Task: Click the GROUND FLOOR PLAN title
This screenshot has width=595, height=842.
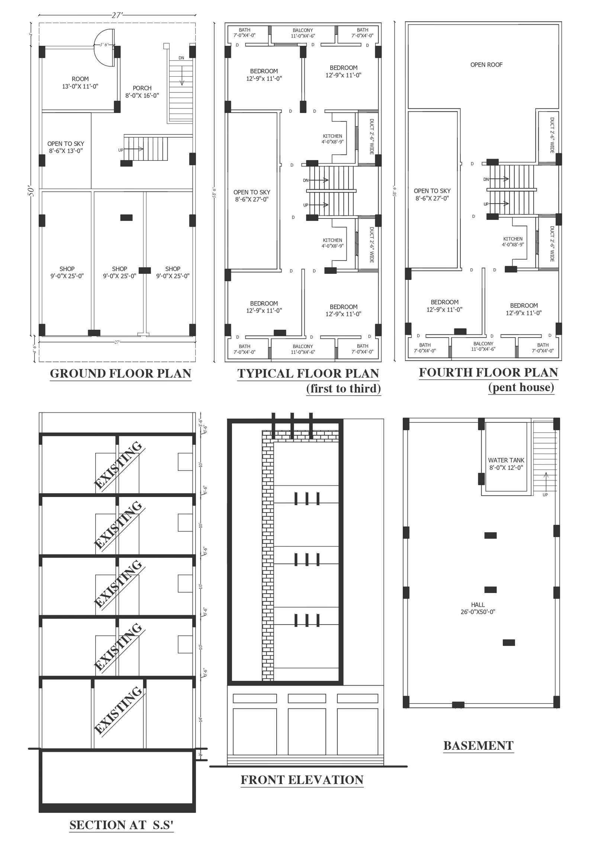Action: (120, 373)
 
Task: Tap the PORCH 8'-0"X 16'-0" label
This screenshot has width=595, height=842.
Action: (142, 92)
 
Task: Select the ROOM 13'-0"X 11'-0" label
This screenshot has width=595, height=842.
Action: (80, 83)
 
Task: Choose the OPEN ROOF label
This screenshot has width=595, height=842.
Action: (486, 65)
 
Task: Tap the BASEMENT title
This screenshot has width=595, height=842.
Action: (478, 746)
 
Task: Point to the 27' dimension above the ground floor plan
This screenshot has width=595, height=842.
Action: (117, 15)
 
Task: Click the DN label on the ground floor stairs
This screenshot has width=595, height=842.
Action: (181, 58)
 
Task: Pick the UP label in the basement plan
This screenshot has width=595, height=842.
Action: (545, 495)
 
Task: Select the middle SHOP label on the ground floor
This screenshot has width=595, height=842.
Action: (120, 272)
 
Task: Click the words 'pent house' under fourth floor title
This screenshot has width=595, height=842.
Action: (521, 387)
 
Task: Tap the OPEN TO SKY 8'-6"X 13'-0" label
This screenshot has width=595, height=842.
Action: (66, 147)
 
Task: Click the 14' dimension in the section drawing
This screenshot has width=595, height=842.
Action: (200, 720)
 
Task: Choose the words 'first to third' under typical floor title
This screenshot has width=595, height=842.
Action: (343, 389)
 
